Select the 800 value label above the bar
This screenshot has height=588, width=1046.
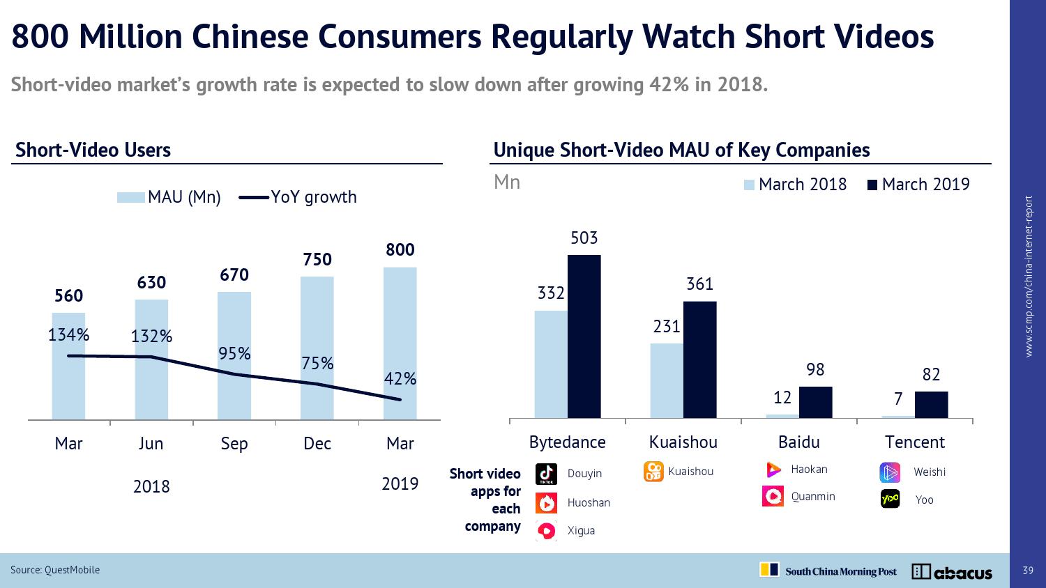tap(400, 249)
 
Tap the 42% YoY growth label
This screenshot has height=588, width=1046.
tap(400, 379)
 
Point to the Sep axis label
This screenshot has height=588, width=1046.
tap(234, 444)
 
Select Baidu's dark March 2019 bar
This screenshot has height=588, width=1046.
tap(815, 402)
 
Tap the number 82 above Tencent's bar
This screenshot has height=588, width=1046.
tap(931, 375)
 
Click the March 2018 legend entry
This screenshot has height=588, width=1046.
tap(795, 185)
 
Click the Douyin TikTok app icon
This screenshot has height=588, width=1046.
tap(546, 474)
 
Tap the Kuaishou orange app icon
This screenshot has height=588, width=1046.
tap(653, 472)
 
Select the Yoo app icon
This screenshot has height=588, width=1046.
tap(890, 500)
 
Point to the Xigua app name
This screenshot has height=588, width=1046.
tap(581, 531)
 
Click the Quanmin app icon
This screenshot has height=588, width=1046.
tap(773, 496)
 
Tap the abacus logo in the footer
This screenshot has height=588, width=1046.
tap(952, 572)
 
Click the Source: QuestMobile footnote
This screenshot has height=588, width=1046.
tap(55, 570)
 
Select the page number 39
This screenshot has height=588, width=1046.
tap(1027, 571)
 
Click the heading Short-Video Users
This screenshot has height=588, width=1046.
tap(93, 150)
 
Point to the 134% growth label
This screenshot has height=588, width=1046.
tap(68, 335)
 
